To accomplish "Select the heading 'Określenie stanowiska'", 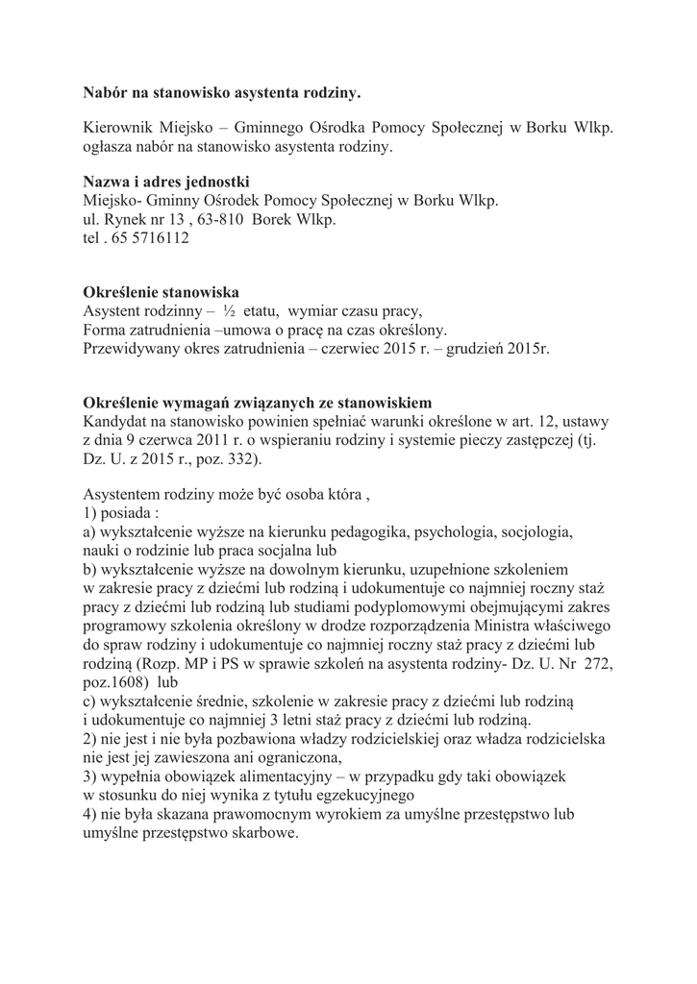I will (x=161, y=292).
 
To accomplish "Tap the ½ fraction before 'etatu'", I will (x=229, y=311).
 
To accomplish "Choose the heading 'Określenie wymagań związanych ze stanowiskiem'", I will (x=258, y=402).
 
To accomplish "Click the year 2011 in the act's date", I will (x=205, y=440).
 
